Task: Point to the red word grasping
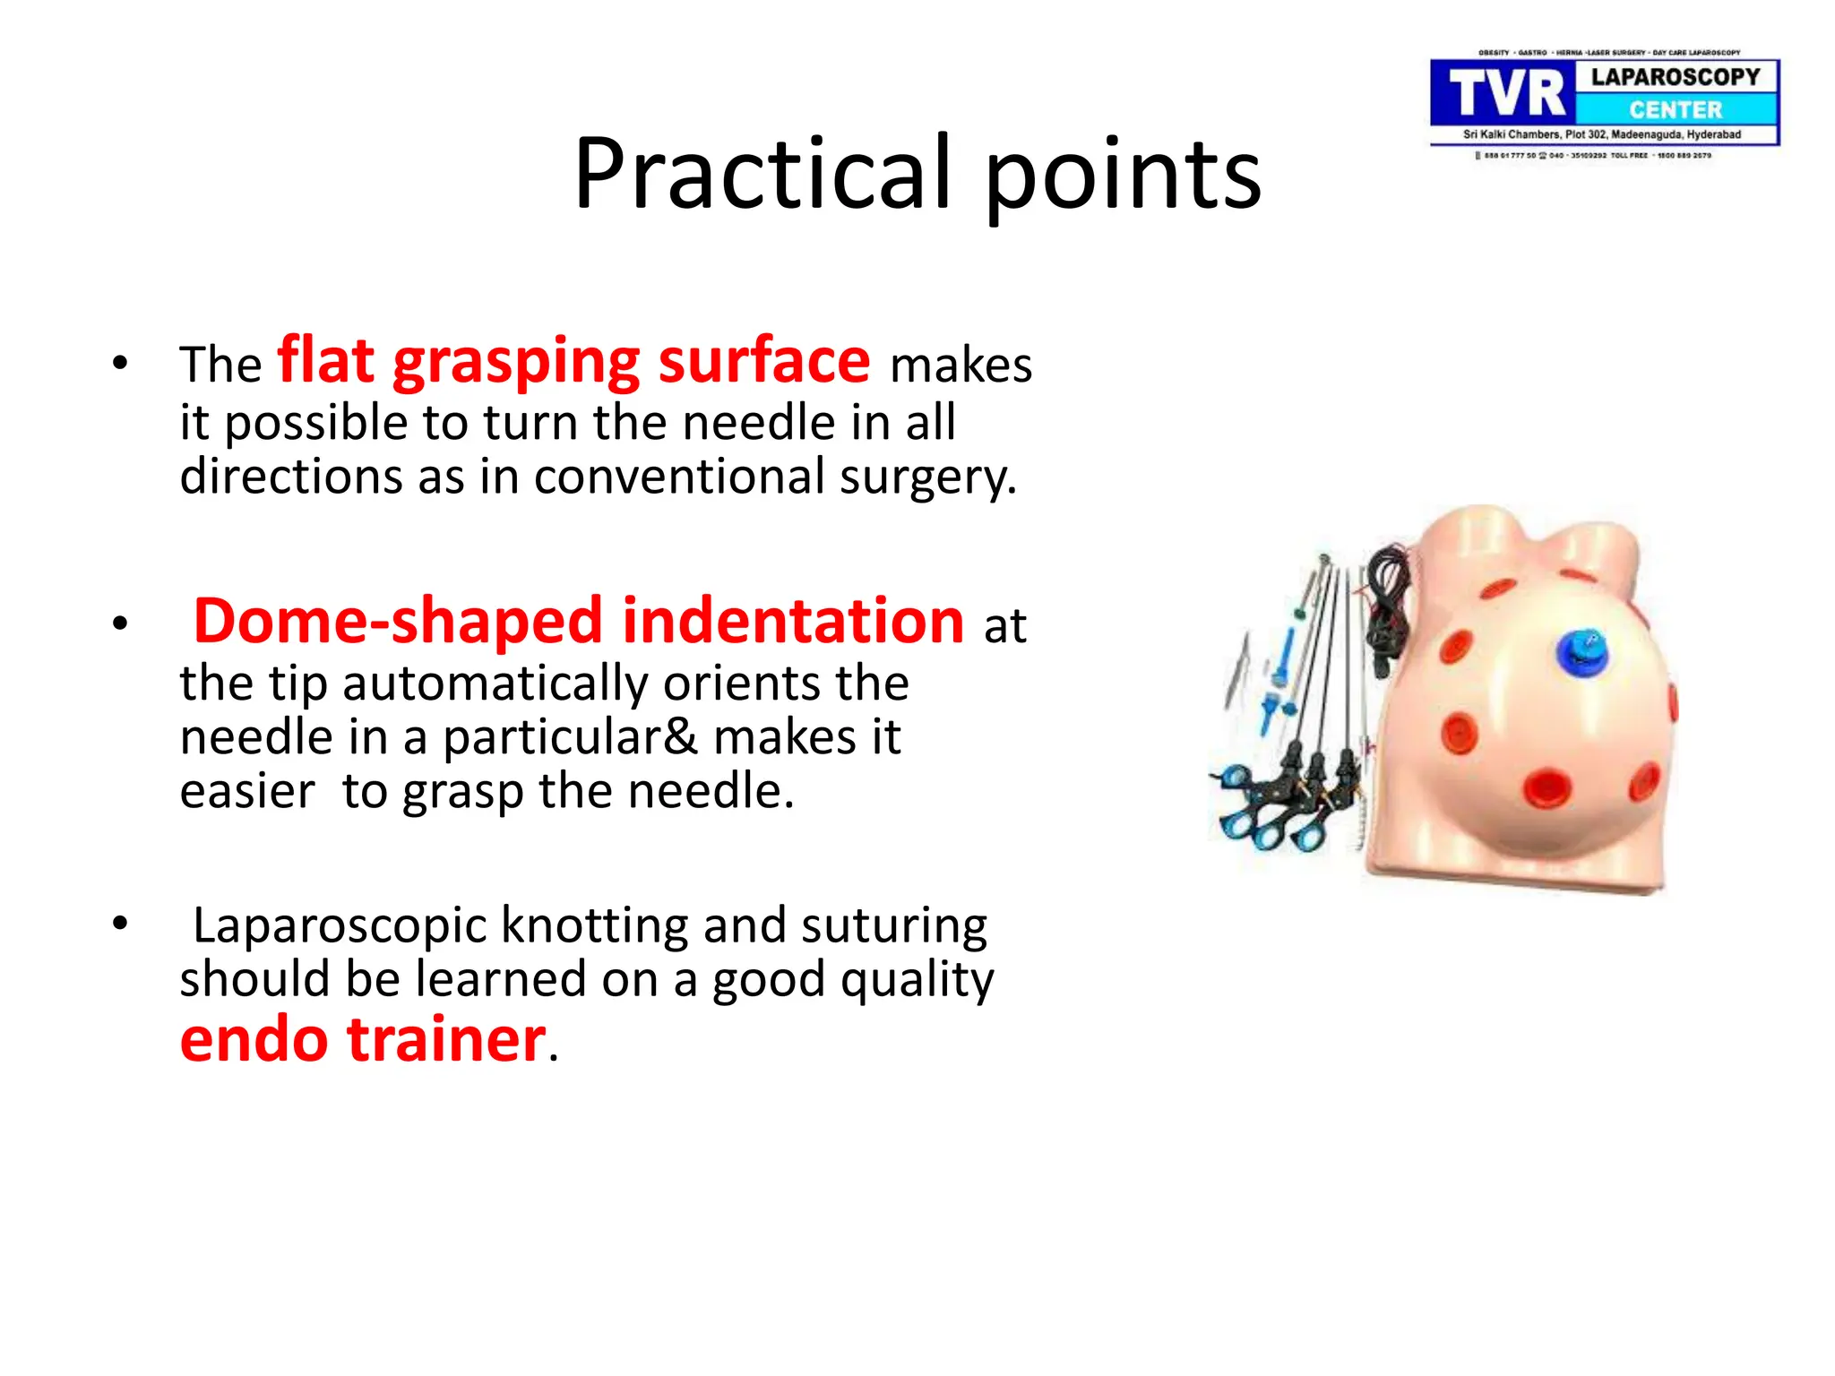516,363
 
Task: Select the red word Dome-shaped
398,621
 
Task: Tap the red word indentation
793,621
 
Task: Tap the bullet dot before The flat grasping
120,363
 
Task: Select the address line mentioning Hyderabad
1602,134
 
